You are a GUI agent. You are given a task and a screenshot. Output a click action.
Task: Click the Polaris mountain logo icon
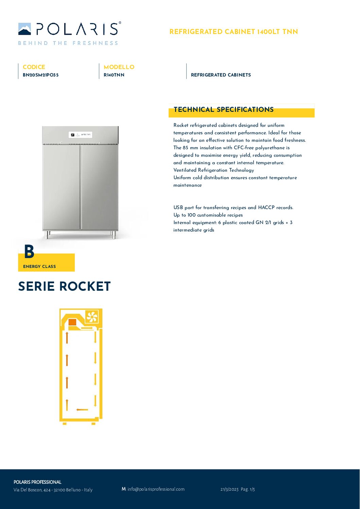click(x=24, y=29)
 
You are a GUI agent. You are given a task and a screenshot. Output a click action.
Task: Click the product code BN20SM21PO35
click(x=40, y=75)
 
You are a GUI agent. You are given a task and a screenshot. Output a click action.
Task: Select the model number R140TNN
click(x=114, y=75)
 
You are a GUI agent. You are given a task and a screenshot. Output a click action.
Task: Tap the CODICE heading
click(x=34, y=67)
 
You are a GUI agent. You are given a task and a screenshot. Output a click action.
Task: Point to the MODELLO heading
click(x=119, y=67)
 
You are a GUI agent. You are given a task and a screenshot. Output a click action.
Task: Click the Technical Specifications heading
click(x=223, y=109)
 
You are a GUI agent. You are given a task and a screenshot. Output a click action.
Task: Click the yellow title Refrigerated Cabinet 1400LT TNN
click(x=234, y=32)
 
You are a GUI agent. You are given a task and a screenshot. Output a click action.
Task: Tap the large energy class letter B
click(x=29, y=252)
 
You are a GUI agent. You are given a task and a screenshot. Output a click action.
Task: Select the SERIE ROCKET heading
click(x=64, y=286)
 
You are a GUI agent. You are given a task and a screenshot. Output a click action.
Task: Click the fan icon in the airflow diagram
click(x=92, y=317)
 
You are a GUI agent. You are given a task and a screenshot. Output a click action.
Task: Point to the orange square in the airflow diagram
click(x=72, y=322)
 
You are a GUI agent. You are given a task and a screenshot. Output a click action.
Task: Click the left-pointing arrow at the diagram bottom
click(x=82, y=409)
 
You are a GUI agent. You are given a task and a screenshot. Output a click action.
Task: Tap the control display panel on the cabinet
click(x=81, y=135)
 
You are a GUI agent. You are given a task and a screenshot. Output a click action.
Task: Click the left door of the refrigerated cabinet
click(x=61, y=187)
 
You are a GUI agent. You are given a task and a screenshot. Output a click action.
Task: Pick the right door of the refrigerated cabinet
click(x=99, y=187)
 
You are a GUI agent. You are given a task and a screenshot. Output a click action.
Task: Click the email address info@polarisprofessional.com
click(x=156, y=489)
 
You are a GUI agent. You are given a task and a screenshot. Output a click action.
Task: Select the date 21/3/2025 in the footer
click(x=229, y=489)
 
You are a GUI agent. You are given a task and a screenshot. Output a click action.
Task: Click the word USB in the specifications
click(x=178, y=207)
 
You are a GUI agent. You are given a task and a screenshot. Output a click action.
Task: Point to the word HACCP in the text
click(x=266, y=207)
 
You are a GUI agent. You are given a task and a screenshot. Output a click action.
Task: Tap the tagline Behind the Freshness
click(x=68, y=43)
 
